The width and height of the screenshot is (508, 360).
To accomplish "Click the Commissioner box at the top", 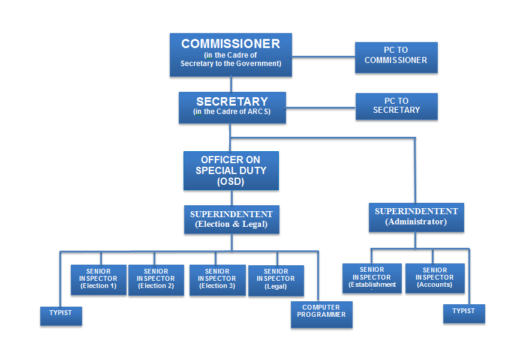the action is (231, 55).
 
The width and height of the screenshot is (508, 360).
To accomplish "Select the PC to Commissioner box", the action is (396, 58).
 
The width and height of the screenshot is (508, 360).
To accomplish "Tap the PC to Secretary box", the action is (396, 107).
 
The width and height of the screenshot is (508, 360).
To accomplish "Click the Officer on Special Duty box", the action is (231, 171).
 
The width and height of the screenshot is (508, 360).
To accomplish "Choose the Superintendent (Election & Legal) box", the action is (232, 220).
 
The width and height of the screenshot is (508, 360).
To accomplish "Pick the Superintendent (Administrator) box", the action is (416, 217).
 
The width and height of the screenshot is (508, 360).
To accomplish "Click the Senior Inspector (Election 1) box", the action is (98, 280).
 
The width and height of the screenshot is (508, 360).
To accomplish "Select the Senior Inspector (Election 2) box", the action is (156, 280).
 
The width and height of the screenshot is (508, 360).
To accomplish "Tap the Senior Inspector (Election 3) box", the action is (217, 280).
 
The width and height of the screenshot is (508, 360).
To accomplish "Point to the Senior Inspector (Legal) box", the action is (276, 281).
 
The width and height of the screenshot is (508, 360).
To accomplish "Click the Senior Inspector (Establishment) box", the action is (372, 278).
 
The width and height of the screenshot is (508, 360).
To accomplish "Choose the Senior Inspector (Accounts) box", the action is (435, 278).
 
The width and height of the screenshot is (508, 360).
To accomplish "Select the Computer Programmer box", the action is (321, 314).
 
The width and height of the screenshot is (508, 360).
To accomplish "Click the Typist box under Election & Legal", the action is (61, 316).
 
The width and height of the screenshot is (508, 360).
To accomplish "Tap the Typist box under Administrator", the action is (464, 314).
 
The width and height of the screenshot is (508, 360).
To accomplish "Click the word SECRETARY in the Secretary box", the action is (232, 102).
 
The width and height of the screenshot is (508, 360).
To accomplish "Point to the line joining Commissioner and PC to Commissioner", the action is (323, 57).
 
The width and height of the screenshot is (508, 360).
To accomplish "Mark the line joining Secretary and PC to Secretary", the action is (321, 107).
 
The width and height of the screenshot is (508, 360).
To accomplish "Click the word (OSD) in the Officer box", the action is (231, 181).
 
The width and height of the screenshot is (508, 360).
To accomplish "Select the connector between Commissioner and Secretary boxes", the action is (231, 84).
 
